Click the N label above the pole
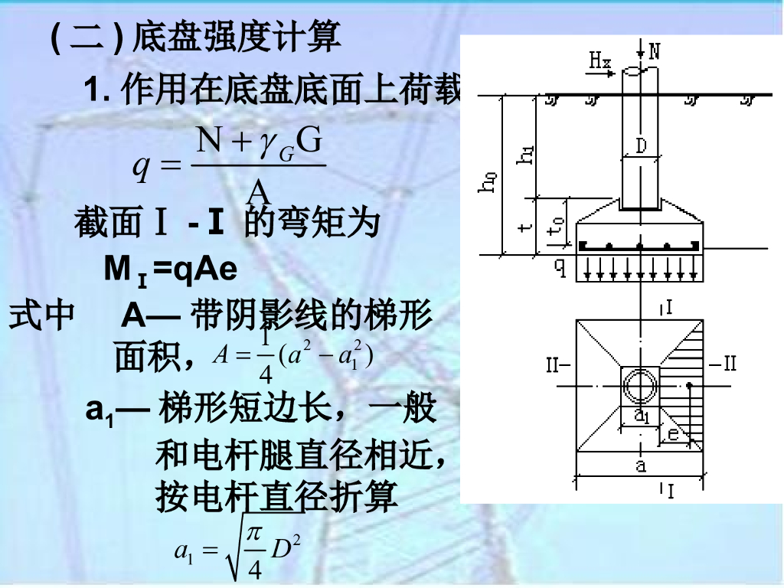653,53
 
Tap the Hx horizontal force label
599,60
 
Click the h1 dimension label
527,156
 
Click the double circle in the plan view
639,386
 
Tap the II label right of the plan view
722,363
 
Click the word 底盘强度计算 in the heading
237,36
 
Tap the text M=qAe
170,269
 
